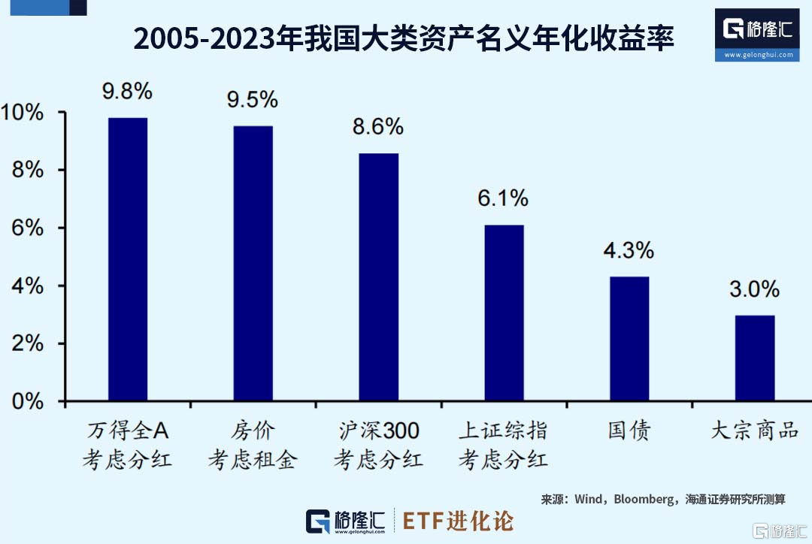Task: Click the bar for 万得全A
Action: pos(128,259)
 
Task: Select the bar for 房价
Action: pos(253,263)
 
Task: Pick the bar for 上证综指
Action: pos(504,313)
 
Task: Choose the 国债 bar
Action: pos(629,338)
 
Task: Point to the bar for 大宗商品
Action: pos(754,358)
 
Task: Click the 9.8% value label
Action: pos(128,92)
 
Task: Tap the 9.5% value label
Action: pos(253,99)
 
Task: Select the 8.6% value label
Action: pos(378,127)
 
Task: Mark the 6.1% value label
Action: pos(503,198)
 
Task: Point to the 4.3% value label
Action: pos(629,250)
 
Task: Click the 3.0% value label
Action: pos(754,289)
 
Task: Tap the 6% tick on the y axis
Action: pos(27,228)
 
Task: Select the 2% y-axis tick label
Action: pos(27,344)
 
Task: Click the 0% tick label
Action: pos(27,401)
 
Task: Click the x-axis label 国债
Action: pos(629,431)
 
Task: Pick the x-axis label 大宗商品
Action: pos(754,431)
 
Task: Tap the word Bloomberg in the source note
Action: pos(644,500)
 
